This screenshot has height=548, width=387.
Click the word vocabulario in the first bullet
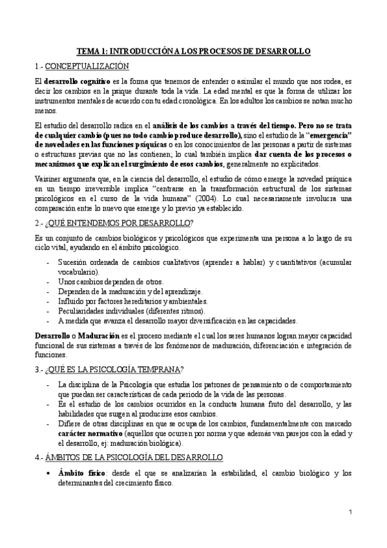pyautogui.click(x=81, y=273)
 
